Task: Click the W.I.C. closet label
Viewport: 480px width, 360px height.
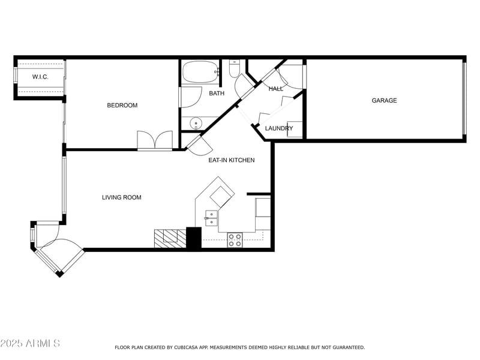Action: coord(40,77)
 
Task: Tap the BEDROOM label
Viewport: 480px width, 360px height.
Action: coord(122,106)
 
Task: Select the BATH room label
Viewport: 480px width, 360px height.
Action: coord(217,93)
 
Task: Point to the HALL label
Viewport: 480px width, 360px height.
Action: coord(276,89)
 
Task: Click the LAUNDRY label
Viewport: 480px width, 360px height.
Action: coord(279,128)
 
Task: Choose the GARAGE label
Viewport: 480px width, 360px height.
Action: coord(384,100)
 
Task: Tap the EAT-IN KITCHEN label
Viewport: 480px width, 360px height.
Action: coord(232,160)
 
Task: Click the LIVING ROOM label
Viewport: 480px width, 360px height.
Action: coord(122,197)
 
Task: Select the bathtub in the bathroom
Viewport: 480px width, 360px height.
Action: coord(201,72)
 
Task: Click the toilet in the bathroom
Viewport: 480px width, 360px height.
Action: coord(235,68)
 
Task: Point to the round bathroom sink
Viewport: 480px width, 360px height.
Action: coord(196,124)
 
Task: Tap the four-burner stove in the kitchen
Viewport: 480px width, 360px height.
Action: coord(235,240)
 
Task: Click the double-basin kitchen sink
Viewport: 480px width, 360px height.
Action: coord(212,218)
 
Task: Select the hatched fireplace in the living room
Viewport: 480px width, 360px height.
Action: coord(170,238)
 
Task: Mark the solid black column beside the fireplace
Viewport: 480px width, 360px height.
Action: coord(194,238)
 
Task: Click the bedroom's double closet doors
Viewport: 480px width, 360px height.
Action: coord(155,140)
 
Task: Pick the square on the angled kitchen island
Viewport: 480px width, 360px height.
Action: coord(221,197)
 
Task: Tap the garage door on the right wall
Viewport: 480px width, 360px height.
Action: coord(464,98)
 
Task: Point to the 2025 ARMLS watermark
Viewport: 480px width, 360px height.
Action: coord(30,343)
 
